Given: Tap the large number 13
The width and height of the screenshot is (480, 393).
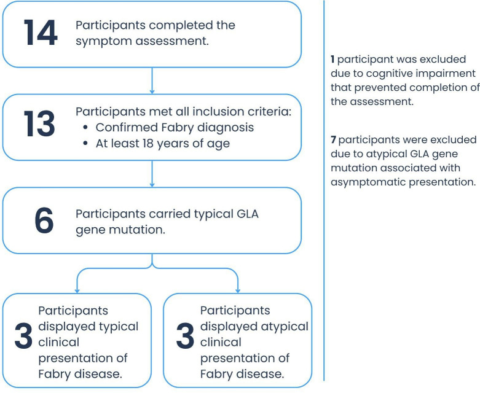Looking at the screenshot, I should pos(39,125).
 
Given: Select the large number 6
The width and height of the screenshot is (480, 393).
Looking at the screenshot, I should pos(43,221).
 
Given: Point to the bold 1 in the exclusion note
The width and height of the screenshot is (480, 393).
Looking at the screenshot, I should pos(332,60).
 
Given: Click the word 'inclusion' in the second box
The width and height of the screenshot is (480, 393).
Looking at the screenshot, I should pos(213,112).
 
